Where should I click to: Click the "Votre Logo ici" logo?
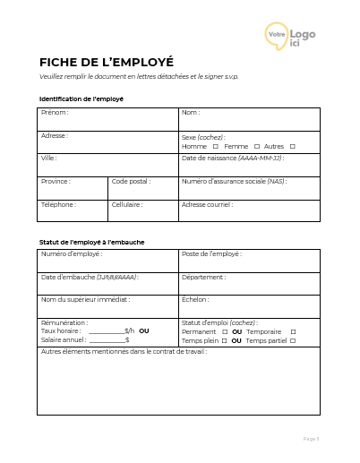pyautogui.click(x=290, y=37)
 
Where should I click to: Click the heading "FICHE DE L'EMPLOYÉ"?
pyautogui.click(x=106, y=62)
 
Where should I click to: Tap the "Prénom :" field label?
pyautogui.click(x=55, y=113)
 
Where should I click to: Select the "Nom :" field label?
pyautogui.click(x=191, y=113)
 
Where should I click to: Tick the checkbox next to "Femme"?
pyautogui.click(x=256, y=146)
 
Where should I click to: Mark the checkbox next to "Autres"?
pyautogui.click(x=292, y=146)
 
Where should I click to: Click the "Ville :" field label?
pyautogui.click(x=49, y=158)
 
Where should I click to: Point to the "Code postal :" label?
pyautogui.click(x=131, y=181)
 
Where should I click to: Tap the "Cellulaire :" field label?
pyautogui.click(x=127, y=204)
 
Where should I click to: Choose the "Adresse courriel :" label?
pyautogui.click(x=207, y=204)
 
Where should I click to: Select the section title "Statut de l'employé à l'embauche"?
pyautogui.click(x=92, y=242)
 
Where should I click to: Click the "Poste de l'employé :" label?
pyautogui.click(x=211, y=254)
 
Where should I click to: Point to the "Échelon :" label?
pyautogui.click(x=195, y=300)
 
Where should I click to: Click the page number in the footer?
pyautogui.click(x=311, y=439)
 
